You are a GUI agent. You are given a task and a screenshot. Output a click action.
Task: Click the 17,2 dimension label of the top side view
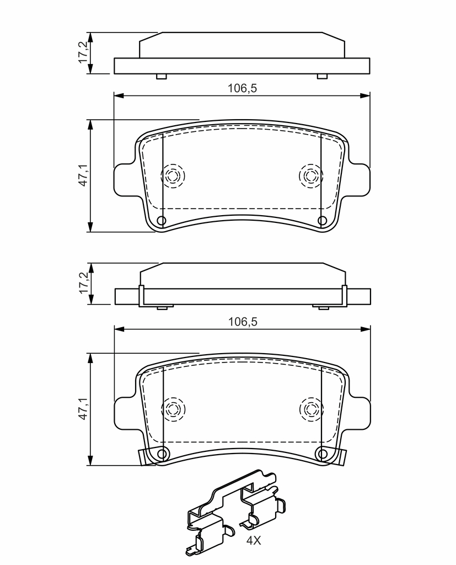click(x=83, y=52)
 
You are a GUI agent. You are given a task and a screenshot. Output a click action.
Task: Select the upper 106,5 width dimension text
click(x=242, y=88)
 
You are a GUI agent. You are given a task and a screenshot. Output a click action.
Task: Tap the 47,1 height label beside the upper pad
click(x=83, y=175)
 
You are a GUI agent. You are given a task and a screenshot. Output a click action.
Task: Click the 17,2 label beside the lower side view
click(x=83, y=283)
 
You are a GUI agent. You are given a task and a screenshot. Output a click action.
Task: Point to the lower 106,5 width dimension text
click(x=243, y=322)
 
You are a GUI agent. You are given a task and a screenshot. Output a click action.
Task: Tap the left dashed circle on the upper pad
click(x=173, y=176)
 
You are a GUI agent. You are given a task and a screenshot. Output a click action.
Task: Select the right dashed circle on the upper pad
click(x=311, y=176)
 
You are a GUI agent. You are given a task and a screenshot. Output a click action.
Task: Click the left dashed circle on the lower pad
click(x=173, y=409)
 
